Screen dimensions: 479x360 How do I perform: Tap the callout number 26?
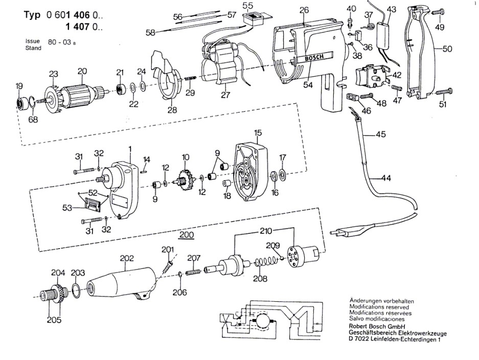point(304,10)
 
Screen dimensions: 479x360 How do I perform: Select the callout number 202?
point(126,258)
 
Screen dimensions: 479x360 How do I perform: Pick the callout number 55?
point(248,6)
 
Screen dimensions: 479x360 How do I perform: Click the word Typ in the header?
point(32,15)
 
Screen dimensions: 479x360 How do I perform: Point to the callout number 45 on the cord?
point(381,134)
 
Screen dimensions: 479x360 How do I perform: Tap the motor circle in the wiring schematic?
point(262,321)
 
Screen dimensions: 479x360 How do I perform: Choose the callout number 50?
point(447,49)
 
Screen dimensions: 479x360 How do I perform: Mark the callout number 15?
point(258,133)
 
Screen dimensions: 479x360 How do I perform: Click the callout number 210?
point(265,231)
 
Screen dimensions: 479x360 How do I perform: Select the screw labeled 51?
point(444,91)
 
